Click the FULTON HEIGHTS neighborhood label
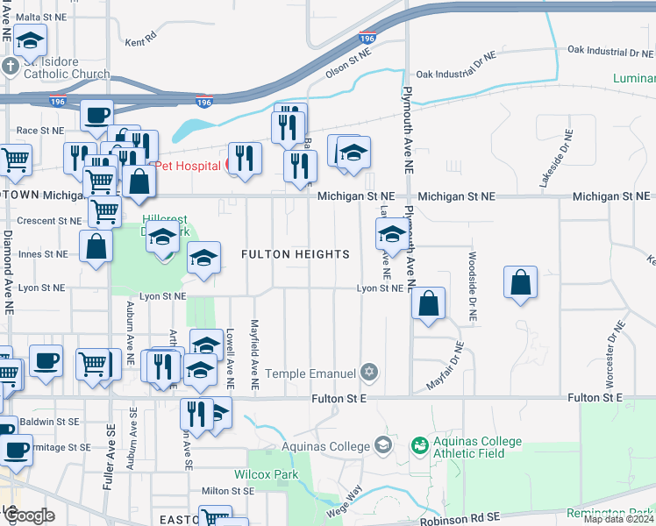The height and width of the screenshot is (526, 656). [296, 254]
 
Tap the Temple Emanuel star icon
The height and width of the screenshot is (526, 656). [369, 373]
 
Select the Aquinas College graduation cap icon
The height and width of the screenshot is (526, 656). [382, 445]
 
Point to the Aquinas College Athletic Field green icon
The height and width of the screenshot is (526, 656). [420, 446]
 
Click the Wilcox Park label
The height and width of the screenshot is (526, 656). [266, 475]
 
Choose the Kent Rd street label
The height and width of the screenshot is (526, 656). [140, 40]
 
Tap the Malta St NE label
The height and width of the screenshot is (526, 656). [41, 17]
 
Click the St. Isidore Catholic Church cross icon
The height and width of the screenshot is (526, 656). [10, 67]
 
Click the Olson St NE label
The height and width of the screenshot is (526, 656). [349, 67]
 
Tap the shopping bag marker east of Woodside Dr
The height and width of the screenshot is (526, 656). [521, 283]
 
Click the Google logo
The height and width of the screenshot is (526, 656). [29, 515]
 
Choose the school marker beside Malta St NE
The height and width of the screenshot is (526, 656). [30, 40]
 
